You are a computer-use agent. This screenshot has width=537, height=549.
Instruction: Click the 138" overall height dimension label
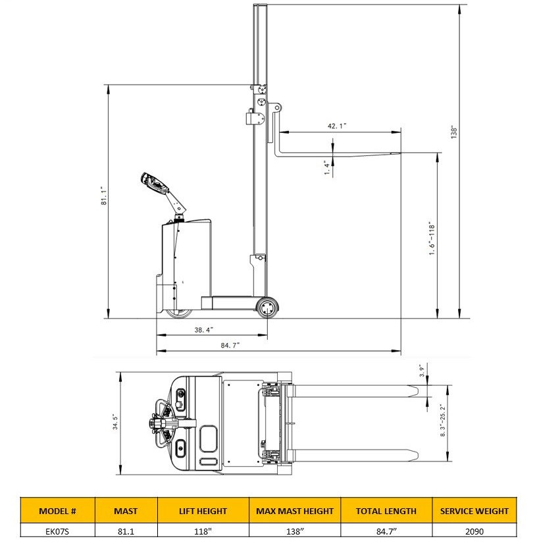coord(454,132)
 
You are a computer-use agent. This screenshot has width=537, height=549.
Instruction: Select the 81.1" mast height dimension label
coord(104,196)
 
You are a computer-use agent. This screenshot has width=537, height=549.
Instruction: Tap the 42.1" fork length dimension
coord(337,126)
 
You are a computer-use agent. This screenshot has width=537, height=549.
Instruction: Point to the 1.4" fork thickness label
coord(327,168)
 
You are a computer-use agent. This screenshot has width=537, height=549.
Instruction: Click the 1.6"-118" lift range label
coord(432,238)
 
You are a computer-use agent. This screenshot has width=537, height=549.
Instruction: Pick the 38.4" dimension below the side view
coord(204,330)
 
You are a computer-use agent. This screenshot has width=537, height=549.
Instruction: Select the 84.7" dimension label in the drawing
coord(230,345)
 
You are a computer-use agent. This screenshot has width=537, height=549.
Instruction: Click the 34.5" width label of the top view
coord(116,421)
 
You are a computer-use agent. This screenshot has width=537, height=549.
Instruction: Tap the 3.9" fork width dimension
coord(422,371)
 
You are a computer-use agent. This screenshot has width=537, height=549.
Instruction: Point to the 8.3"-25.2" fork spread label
coord(443,420)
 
